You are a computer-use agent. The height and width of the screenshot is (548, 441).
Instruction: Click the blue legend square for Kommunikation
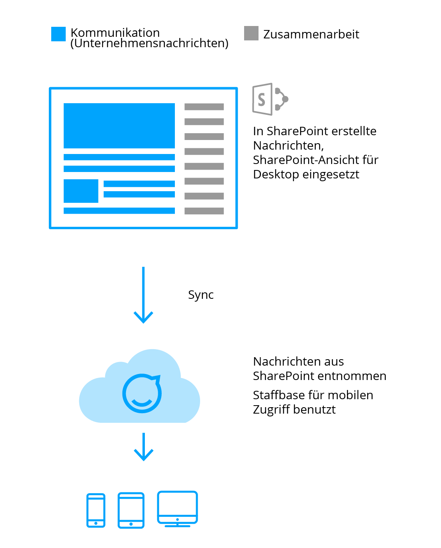pyautogui.click(x=58, y=34)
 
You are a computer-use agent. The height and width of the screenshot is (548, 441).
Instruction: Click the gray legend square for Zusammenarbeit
pyautogui.click(x=251, y=33)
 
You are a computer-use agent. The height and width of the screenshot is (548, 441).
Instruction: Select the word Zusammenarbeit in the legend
pyautogui.click(x=311, y=34)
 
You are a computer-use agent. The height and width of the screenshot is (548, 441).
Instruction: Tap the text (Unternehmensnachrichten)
pyautogui.click(x=149, y=43)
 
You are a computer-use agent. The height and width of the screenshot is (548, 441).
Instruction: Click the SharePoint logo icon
pyautogui.click(x=270, y=99)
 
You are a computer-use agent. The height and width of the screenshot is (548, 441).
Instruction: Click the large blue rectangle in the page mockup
pyautogui.click(x=119, y=126)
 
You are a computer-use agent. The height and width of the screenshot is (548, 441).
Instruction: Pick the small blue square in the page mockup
pyautogui.click(x=81, y=191)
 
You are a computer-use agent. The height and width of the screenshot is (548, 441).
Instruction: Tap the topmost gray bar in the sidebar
pyautogui.click(x=204, y=107)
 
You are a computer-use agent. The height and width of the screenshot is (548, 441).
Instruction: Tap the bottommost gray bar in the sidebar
pyautogui.click(x=204, y=211)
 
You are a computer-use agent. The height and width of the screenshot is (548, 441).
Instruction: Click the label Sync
pyautogui.click(x=200, y=295)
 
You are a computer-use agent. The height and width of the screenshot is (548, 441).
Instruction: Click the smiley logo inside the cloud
pyautogui.click(x=142, y=393)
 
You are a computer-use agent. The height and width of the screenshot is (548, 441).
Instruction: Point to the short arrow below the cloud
pyautogui.click(x=143, y=447)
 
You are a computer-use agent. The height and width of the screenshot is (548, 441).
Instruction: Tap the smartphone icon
pyautogui.click(x=96, y=510)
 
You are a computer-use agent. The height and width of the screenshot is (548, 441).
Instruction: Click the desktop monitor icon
pyautogui.click(x=177, y=508)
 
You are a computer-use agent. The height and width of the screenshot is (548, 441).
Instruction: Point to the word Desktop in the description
pyautogui.click(x=276, y=174)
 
